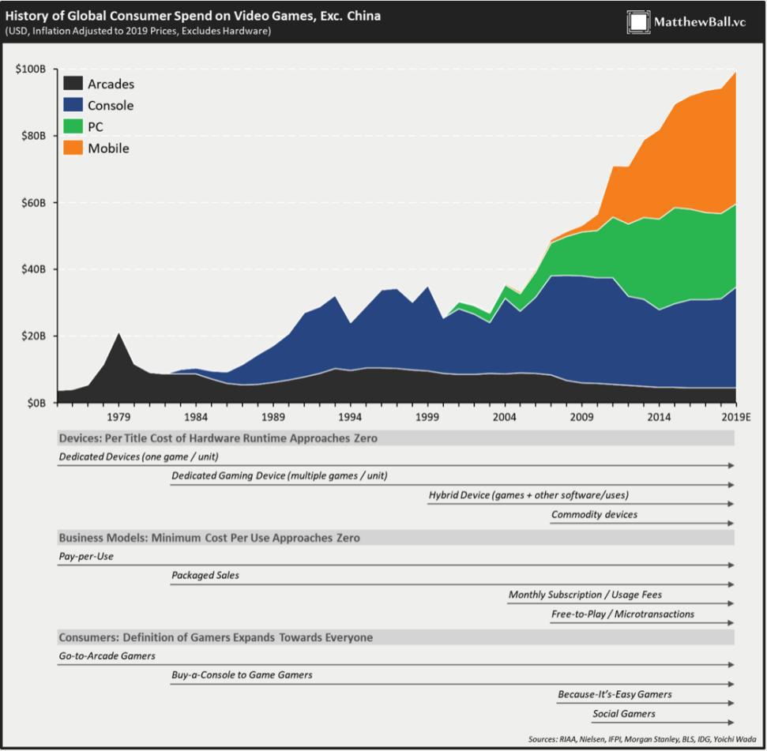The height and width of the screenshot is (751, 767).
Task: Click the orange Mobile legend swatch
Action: pyautogui.click(x=73, y=148)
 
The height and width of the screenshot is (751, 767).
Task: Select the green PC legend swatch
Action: pyautogui.click(x=73, y=126)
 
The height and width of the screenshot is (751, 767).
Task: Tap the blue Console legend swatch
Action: pyautogui.click(x=73, y=105)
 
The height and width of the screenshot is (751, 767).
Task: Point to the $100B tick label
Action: pyautogui.click(x=31, y=69)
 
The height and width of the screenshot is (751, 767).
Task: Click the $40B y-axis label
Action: pyautogui.click(x=33, y=269)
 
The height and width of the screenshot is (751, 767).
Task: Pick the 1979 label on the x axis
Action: pyautogui.click(x=118, y=416)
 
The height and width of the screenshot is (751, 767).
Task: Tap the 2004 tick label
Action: pyautogui.click(x=506, y=416)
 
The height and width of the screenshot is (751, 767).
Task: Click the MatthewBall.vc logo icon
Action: pyautogui.click(x=638, y=22)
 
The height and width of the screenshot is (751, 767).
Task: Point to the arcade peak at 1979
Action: pyautogui.click(x=118, y=334)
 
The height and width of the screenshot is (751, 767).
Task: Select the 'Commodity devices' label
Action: pyautogui.click(x=594, y=514)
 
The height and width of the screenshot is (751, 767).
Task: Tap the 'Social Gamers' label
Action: pyautogui.click(x=624, y=713)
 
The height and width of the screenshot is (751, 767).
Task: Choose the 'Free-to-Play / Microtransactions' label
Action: pyautogui.click(x=622, y=614)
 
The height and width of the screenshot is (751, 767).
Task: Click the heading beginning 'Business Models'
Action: pyautogui.click(x=209, y=538)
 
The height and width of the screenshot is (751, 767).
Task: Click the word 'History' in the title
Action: pyautogui.click(x=28, y=15)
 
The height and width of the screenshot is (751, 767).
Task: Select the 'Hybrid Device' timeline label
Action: pyautogui.click(x=528, y=495)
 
